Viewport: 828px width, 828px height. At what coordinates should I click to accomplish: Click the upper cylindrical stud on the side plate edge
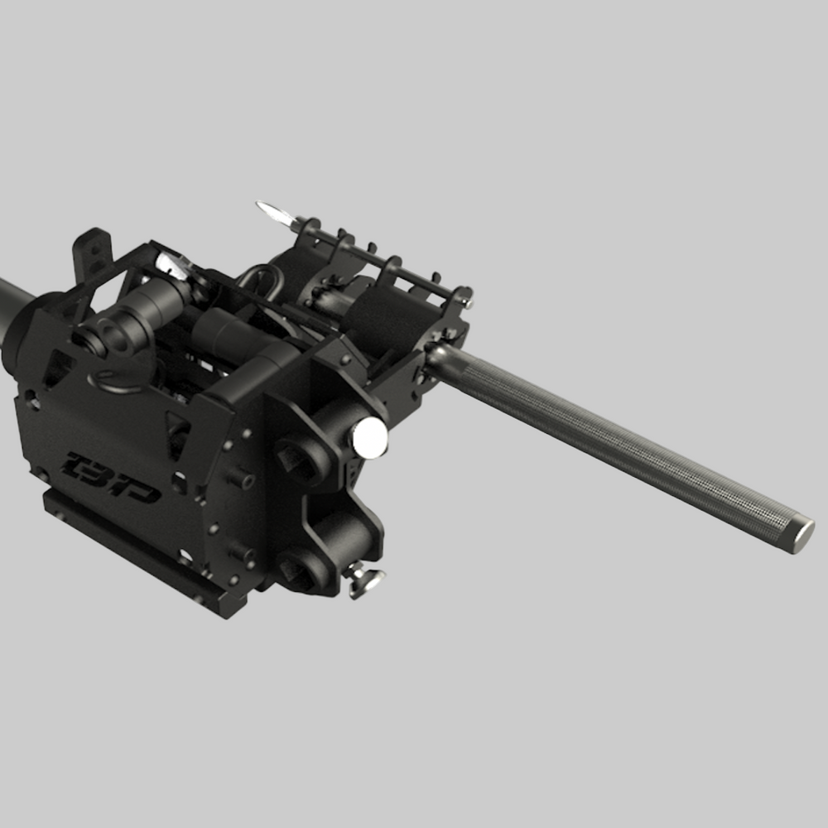point(241,478)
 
